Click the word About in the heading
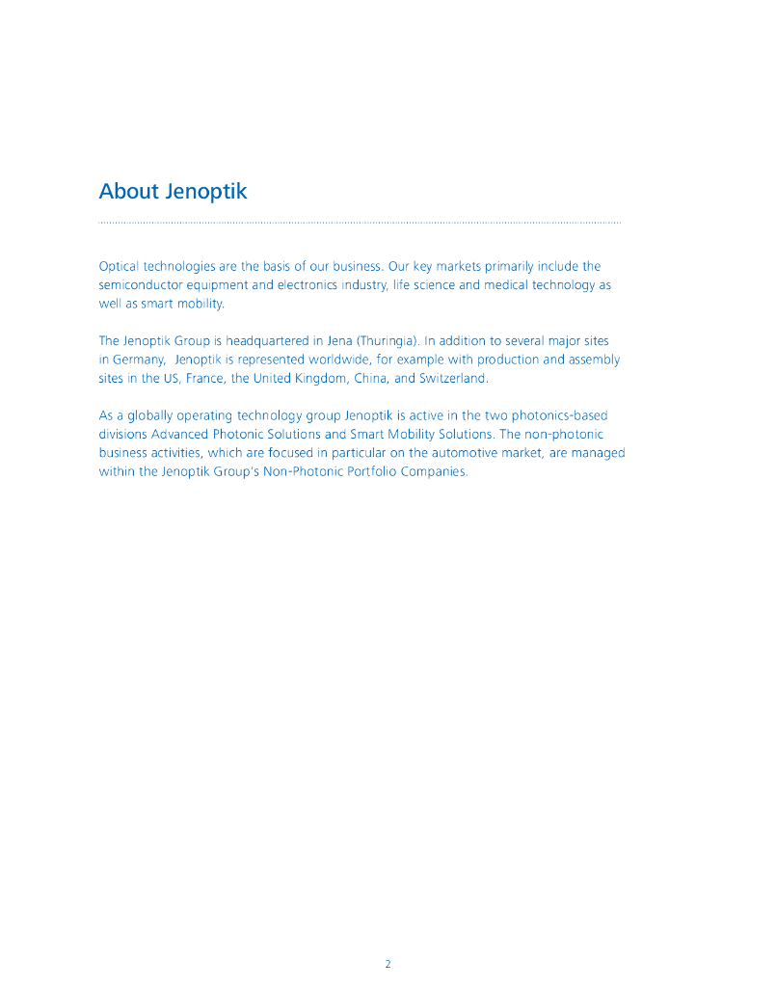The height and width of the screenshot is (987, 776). click(128, 191)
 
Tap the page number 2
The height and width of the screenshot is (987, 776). click(388, 964)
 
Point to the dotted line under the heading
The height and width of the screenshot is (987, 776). click(360, 223)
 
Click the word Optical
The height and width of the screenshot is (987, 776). click(120, 266)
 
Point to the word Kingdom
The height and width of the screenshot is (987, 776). click(320, 378)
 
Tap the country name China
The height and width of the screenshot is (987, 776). click(371, 378)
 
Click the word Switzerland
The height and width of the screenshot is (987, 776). click(453, 378)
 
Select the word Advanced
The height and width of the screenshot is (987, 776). click(180, 435)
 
